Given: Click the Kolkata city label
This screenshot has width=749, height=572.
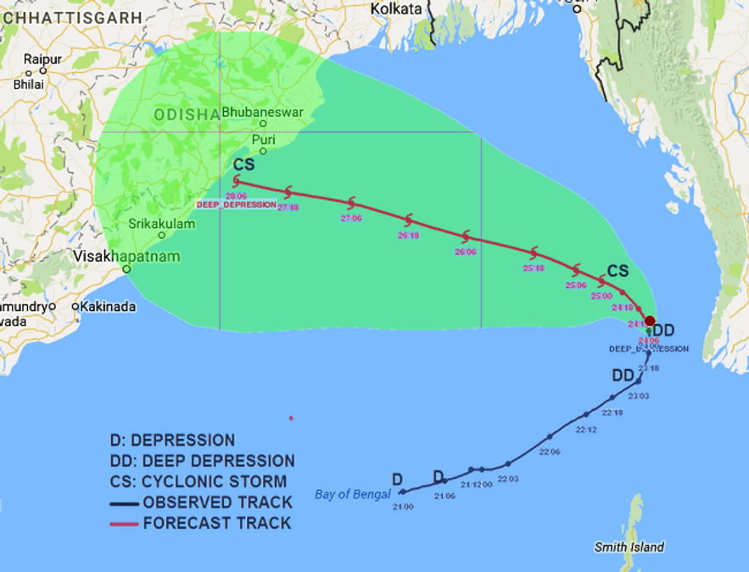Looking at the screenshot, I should click(396, 8).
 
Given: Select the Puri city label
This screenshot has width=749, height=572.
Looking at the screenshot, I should click(264, 139).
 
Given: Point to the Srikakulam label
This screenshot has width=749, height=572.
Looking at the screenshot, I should click(162, 224).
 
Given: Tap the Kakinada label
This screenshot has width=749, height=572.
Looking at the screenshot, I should click(108, 307).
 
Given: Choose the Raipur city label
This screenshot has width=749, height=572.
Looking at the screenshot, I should click(42, 58).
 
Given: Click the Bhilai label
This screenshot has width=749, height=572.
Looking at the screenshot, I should click(28, 85).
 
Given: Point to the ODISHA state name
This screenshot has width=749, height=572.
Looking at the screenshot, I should click(187, 115).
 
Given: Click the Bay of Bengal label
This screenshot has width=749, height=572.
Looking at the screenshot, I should click(353, 494).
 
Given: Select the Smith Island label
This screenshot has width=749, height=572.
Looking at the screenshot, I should click(629, 547).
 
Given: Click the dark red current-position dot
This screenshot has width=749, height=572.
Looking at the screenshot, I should click(650, 321).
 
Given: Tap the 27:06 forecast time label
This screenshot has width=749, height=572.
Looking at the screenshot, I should click(351, 218).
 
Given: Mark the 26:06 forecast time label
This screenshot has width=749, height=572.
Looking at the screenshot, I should click(465, 252).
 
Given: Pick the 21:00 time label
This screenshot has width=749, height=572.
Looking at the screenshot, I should click(403, 507).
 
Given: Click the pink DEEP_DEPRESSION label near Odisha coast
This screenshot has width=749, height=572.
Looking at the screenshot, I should click(237, 204).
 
